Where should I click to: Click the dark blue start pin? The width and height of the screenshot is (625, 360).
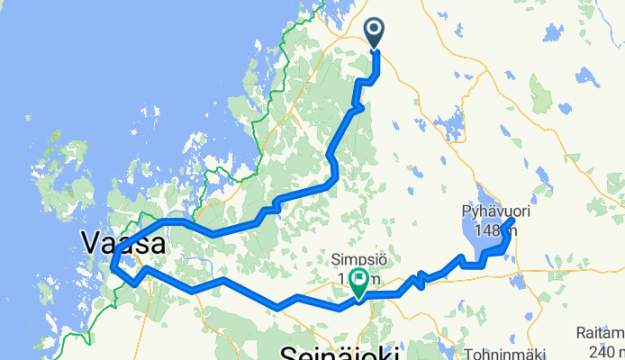pyautogui.click(x=376, y=34)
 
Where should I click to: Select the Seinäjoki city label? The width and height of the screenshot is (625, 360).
pyautogui.click(x=340, y=351)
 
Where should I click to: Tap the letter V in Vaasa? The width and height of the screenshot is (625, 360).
pyautogui.click(x=90, y=243)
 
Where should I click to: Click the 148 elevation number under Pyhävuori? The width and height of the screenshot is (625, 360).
pyautogui.click(x=487, y=230)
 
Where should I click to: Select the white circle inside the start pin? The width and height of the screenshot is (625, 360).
pyautogui.click(x=376, y=30)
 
